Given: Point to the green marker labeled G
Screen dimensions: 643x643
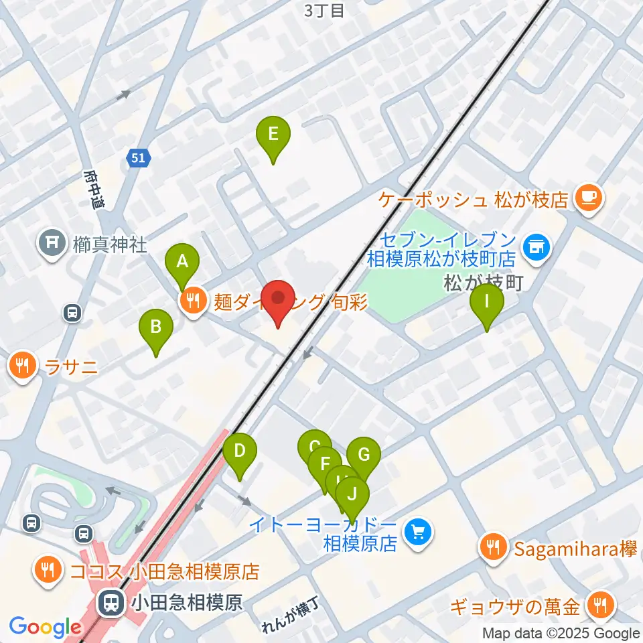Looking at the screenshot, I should click(x=364, y=455).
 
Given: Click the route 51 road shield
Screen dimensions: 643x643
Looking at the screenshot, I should click(x=138, y=158).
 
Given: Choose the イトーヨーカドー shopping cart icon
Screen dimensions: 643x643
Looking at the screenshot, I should click(x=419, y=533).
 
